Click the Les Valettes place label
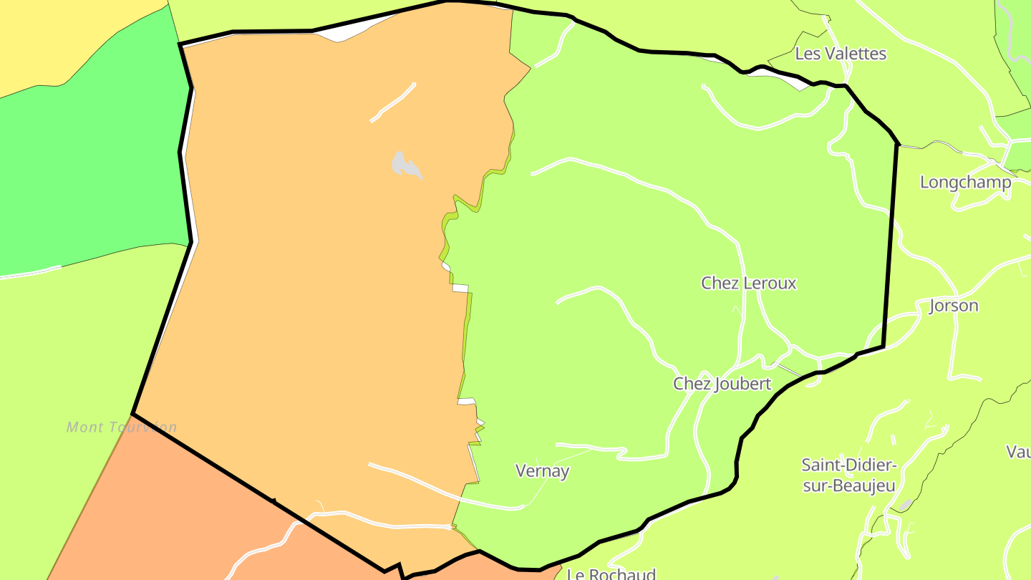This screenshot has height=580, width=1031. click(841, 54)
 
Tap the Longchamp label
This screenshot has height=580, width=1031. click(965, 182)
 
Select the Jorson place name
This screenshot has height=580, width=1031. click(953, 306)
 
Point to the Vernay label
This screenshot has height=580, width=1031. click(543, 470)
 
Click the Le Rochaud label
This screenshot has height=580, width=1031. click(611, 574)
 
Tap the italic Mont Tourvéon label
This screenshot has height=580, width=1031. click(122, 427)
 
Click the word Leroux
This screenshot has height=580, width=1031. click(770, 283)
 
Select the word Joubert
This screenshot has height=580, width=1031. click(742, 384)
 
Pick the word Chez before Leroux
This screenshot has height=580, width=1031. click(720, 283)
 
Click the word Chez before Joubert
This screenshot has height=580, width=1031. click(692, 384)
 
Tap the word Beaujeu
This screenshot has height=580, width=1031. click(858, 486)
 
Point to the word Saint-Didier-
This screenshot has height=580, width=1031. click(849, 465)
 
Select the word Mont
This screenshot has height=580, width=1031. click(82, 427)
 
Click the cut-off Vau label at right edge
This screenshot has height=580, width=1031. click(1018, 452)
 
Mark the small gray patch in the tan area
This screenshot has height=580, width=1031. click(405, 165)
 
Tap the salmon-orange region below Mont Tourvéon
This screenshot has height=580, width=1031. click(179, 516)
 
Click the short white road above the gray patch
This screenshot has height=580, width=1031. click(393, 102)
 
